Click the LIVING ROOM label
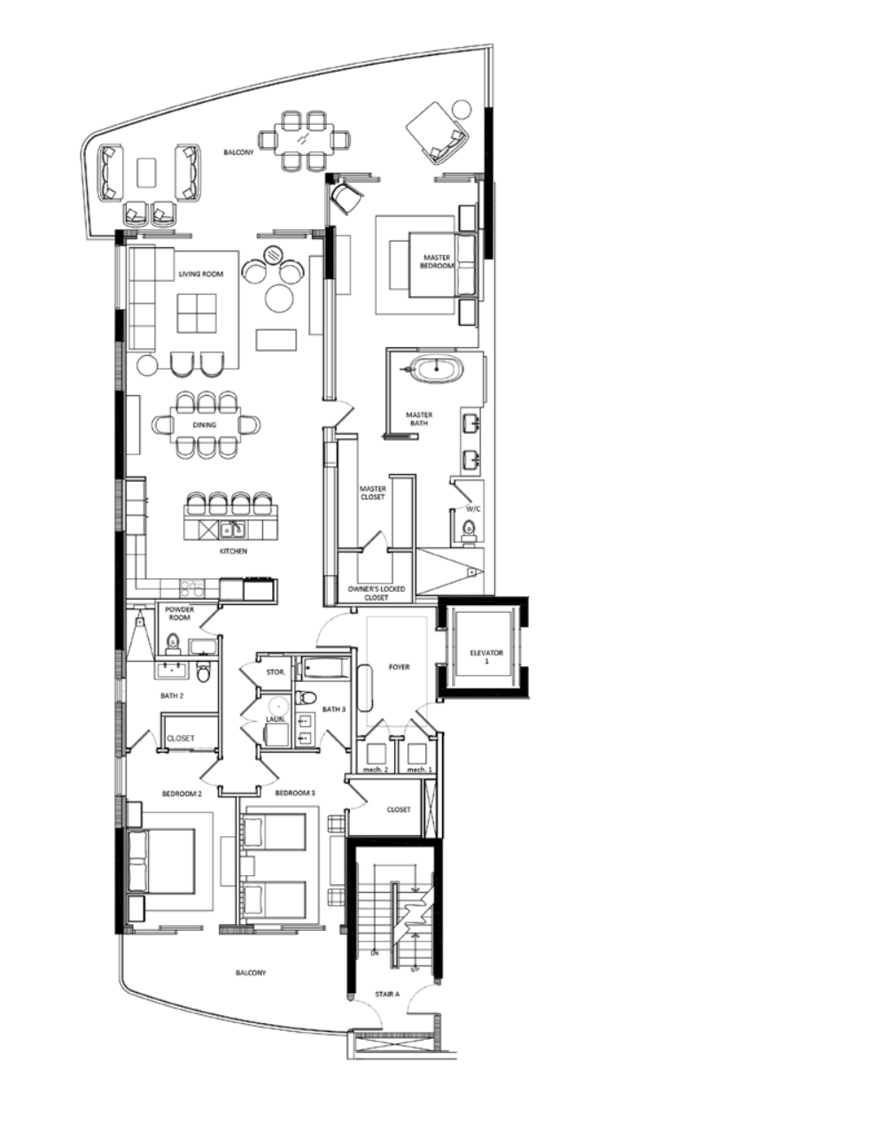click(201, 275)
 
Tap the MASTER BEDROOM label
click(436, 261)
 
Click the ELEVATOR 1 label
click(486, 657)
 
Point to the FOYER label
click(399, 666)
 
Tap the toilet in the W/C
click(469, 531)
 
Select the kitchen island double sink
click(233, 530)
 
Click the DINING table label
click(205, 425)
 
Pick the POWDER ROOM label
click(179, 613)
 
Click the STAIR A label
click(387, 995)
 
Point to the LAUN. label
click(276, 719)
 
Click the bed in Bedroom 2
click(162, 861)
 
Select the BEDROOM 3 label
click(294, 793)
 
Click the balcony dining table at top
click(303, 139)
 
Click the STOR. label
click(276, 672)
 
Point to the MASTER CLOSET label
click(372, 493)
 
